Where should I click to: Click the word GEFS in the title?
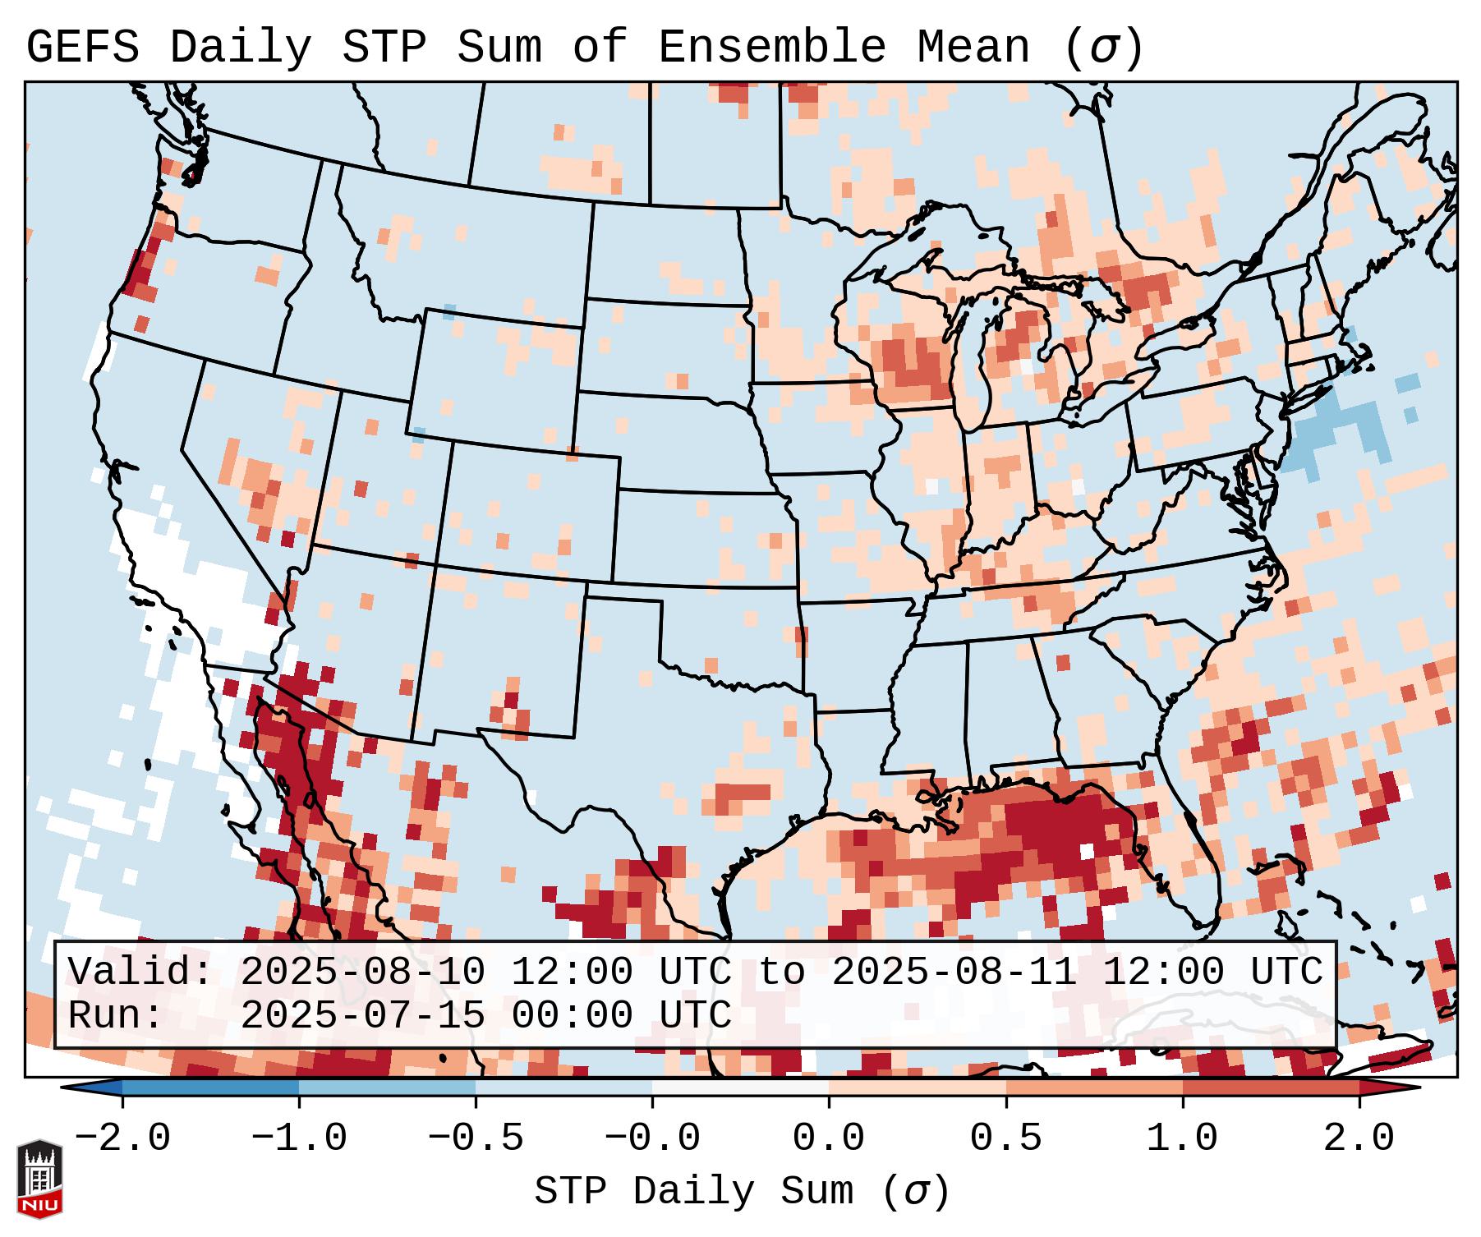point(82,48)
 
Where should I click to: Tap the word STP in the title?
point(383,48)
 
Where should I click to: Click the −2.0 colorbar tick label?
point(122,1138)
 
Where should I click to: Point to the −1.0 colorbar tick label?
point(298,1138)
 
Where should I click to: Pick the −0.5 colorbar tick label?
point(475,1138)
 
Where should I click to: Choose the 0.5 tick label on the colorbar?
point(1005,1138)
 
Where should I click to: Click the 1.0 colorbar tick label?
point(1182,1138)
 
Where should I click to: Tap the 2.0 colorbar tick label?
point(1359,1138)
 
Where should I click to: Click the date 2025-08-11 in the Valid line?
point(954,973)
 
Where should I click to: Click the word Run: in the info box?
point(116,1016)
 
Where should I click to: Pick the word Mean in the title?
point(973,48)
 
